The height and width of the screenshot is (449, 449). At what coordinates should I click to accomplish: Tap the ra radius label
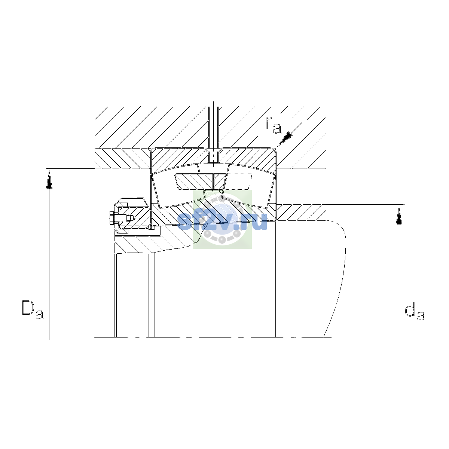pyautogui.click(x=273, y=125)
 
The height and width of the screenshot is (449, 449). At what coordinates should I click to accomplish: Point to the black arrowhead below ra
pyautogui.click(x=285, y=139)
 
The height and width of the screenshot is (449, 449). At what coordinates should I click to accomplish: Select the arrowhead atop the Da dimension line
pyautogui.click(x=49, y=180)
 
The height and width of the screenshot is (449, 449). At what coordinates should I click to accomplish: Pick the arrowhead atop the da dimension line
pyautogui.click(x=399, y=216)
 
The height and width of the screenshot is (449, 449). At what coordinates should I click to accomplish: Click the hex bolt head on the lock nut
pyautogui.click(x=112, y=218)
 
